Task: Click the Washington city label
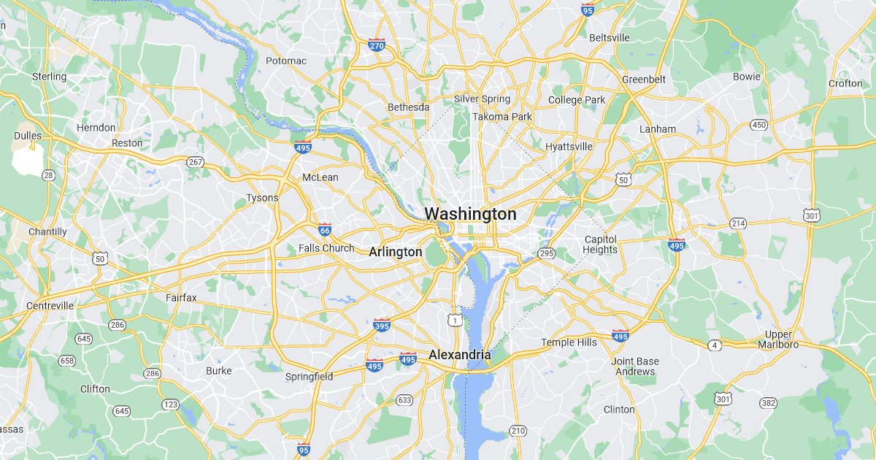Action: point(470,214)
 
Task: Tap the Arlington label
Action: point(395,252)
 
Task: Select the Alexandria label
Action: point(459,355)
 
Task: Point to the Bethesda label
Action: point(408,107)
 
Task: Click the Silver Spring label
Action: point(482,99)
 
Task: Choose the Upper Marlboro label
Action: point(778,339)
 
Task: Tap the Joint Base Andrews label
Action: point(635,366)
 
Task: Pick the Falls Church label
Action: point(326,248)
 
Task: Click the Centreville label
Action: point(50,305)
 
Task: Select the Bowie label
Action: point(746,76)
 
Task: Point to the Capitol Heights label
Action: point(600,244)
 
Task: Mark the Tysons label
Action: point(262,198)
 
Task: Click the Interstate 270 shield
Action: point(377,45)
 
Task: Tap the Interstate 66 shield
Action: point(325,230)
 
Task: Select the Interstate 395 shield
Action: point(381,324)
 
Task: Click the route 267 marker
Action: point(195,161)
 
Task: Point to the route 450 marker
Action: point(759,125)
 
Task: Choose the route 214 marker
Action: point(738,223)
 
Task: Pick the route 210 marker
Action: point(518,430)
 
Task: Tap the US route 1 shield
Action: point(456,320)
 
